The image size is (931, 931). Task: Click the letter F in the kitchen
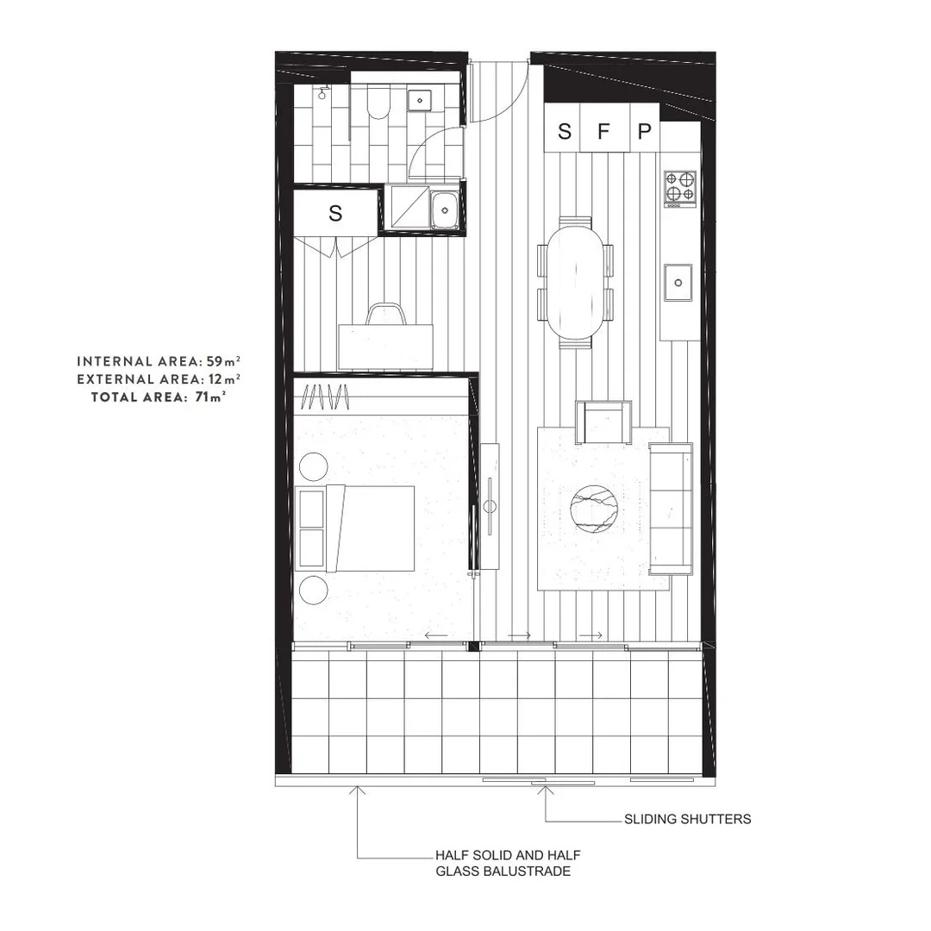tap(603, 132)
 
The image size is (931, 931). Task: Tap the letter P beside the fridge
tap(644, 132)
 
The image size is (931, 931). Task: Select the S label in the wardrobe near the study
tap(335, 213)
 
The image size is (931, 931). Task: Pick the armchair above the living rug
tap(604, 421)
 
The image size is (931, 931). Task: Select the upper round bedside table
tap(313, 468)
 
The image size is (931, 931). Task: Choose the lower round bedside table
tap(313, 590)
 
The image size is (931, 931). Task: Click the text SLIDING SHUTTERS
tap(687, 819)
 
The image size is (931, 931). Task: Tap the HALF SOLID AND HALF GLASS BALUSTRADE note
tap(507, 863)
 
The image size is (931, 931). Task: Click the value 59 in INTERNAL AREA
tap(215, 361)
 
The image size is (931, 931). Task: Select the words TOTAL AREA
tap(137, 397)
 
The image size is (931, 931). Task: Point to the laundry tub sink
tap(445, 207)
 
